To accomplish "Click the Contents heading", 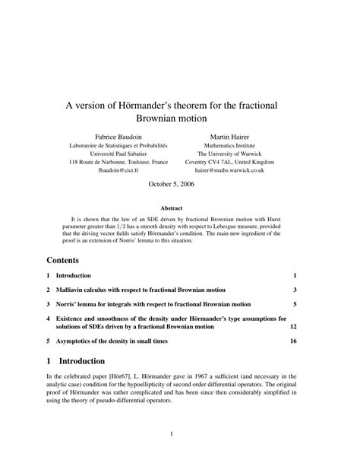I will tap(68, 258).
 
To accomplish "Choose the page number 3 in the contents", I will tap(294, 290).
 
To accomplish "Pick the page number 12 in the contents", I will tap(292, 327).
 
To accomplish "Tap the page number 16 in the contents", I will tap(292, 341).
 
